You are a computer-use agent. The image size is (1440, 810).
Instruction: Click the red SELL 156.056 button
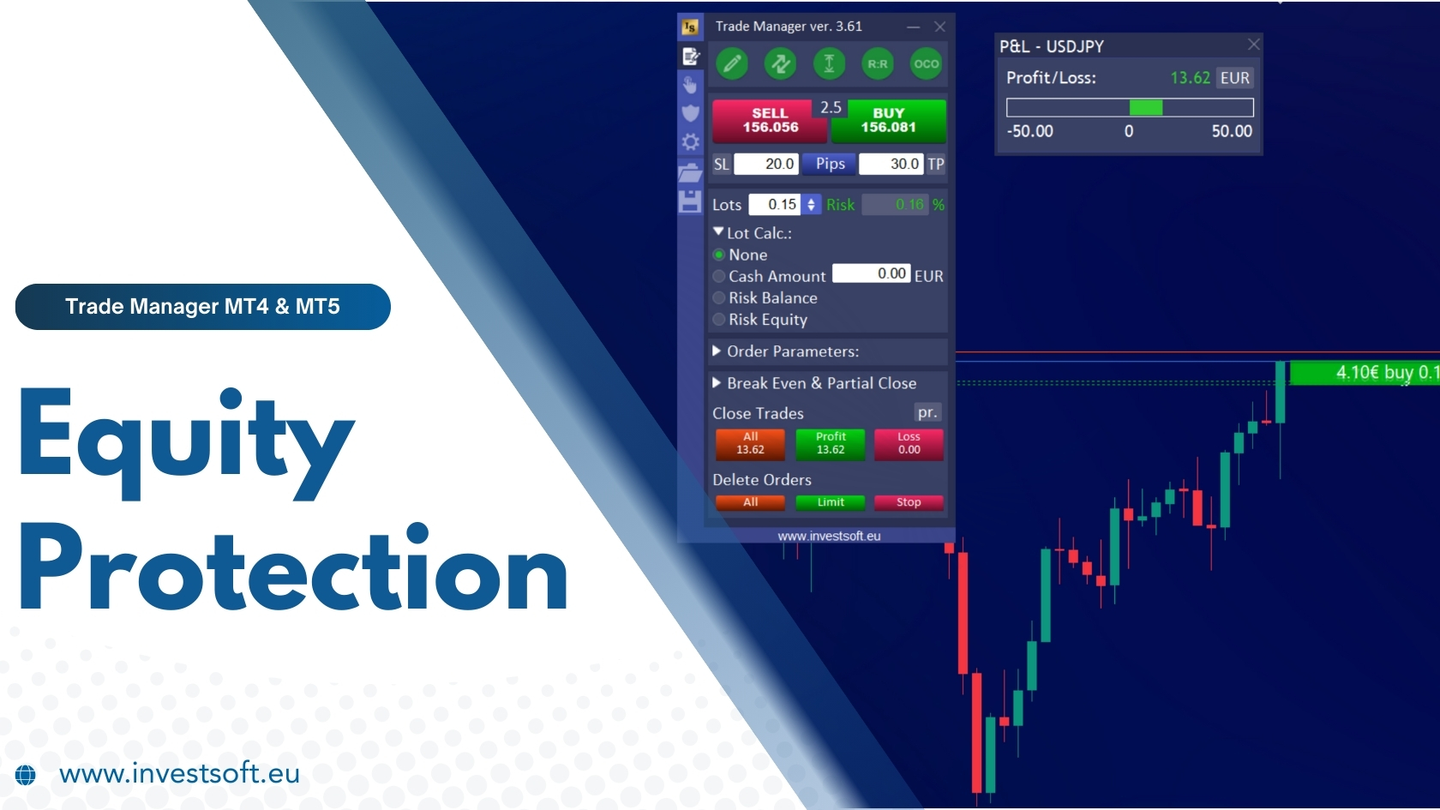(769, 121)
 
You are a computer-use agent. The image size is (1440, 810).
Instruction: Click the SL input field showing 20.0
(766, 164)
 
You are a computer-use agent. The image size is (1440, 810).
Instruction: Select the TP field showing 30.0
(891, 164)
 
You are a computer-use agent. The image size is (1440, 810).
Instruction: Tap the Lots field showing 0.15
(775, 205)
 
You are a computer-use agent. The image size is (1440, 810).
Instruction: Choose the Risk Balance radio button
(719, 298)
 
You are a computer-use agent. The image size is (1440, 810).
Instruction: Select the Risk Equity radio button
(719, 320)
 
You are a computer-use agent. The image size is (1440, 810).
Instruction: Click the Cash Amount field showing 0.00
(871, 273)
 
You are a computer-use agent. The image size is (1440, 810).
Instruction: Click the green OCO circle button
(926, 63)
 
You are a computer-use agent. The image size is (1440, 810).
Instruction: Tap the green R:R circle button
(878, 63)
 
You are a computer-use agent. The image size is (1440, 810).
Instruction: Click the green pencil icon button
(732, 63)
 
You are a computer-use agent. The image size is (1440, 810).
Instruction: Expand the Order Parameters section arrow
(717, 351)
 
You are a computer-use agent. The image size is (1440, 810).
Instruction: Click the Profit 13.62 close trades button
(831, 443)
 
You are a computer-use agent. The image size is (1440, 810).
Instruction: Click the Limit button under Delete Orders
(831, 502)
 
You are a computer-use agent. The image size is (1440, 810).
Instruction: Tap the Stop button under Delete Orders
(909, 502)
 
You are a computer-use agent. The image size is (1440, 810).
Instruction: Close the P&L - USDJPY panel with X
(1254, 45)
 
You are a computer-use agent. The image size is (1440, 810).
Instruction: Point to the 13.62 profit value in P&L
(1190, 78)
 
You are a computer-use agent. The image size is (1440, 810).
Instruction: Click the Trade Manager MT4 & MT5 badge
(203, 307)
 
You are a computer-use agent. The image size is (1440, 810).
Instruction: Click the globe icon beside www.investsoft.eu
(26, 775)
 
